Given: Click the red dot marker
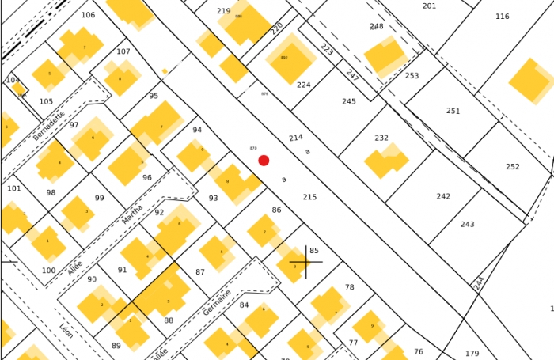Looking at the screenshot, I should click(264, 161).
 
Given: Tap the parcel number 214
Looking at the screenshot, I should click(295, 138).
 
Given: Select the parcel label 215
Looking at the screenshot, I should click(309, 197).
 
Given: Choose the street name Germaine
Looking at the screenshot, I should click(217, 303).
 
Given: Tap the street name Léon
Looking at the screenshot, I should click(66, 331).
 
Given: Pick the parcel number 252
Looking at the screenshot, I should click(513, 167).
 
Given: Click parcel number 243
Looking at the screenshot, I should click(468, 224).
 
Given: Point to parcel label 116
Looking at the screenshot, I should click(503, 17).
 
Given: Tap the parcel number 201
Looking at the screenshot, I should click(429, 6).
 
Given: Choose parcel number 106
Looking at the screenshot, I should click(88, 15).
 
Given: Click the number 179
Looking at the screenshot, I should click(472, 354).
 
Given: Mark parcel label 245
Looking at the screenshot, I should click(349, 101).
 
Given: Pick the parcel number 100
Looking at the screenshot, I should click(49, 271).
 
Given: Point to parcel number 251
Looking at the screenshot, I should click(453, 111).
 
